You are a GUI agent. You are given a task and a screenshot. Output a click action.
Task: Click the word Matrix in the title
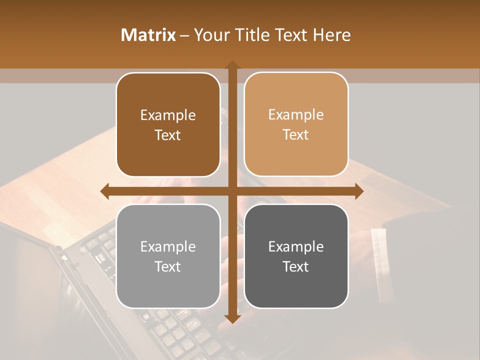click(148, 35)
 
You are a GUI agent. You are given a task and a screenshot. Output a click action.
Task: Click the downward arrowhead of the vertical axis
click(232, 318)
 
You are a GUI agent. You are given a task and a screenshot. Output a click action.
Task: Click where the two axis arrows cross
click(232, 191)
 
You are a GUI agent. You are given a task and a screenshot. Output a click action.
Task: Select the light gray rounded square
click(168, 285)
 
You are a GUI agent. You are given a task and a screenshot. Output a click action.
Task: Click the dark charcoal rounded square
click(296, 285)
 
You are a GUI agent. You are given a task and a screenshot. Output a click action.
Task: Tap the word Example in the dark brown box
click(168, 115)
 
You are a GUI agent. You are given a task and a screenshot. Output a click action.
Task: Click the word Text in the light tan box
click(296, 135)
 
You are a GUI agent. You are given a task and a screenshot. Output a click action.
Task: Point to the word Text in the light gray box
click(168, 266)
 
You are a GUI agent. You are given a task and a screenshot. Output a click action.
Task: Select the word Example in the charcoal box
click(296, 246)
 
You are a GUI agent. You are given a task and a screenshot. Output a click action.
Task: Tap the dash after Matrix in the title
click(184, 35)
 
